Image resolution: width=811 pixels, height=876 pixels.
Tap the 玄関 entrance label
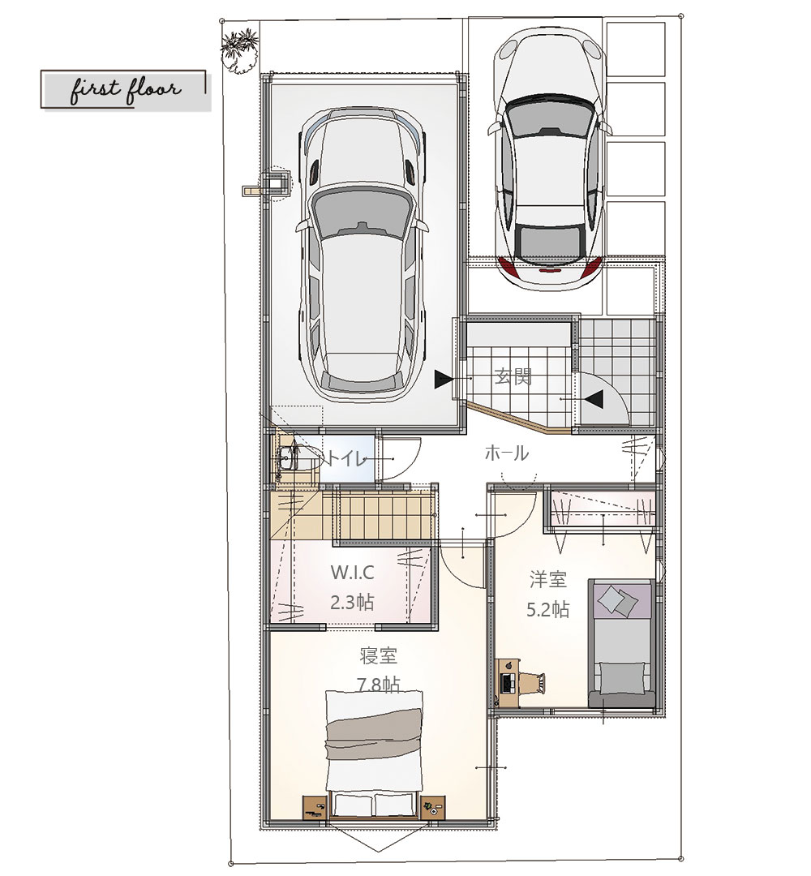(x=513, y=377)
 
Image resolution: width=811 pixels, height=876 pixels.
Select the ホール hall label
(x=506, y=453)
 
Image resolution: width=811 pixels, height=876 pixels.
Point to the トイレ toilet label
(x=345, y=458)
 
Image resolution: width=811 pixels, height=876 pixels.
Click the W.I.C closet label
(x=352, y=573)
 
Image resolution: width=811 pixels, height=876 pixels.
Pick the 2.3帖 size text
(x=352, y=603)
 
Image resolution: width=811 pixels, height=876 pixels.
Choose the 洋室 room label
(x=548, y=579)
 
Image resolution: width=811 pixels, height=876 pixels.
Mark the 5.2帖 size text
(x=548, y=609)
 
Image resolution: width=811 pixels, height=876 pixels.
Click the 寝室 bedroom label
(x=378, y=655)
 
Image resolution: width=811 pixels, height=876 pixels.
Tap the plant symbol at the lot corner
(x=239, y=51)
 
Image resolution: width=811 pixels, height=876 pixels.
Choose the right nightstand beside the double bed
(x=433, y=807)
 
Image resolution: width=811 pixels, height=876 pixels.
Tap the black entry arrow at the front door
(x=594, y=399)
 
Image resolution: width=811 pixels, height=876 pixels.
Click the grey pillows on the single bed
(x=617, y=600)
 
